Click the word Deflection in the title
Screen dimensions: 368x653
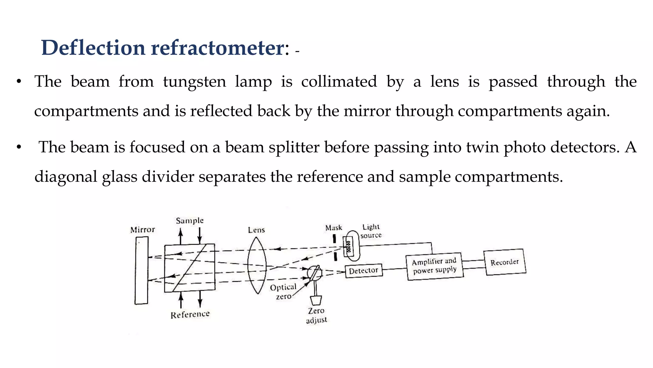93,48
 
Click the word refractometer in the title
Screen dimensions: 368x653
217,48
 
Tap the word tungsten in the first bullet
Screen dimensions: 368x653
194,81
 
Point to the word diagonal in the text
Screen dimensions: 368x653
66,177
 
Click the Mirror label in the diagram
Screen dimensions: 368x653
143,230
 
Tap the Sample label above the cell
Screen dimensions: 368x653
189,220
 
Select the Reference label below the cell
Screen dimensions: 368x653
190,315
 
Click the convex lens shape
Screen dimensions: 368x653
257,265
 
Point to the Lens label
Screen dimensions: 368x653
256,230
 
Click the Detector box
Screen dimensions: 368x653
363,271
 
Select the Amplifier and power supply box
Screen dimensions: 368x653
435,266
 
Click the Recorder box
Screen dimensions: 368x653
504,262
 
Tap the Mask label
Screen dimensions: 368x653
334,228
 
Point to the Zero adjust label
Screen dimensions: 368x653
316,315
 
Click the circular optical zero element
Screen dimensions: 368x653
314,272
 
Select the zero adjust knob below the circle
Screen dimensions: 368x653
316,300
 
